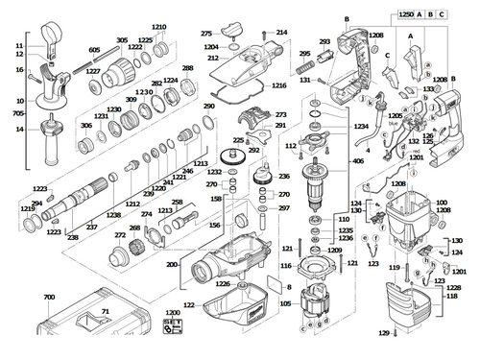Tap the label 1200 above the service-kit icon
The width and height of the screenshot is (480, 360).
(x=172, y=313)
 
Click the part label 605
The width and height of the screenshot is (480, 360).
(x=94, y=49)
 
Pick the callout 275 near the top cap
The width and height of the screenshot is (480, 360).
(x=205, y=34)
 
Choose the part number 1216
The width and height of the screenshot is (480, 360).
(x=278, y=85)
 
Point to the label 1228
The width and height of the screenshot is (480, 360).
(x=455, y=287)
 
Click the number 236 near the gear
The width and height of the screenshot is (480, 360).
(x=283, y=177)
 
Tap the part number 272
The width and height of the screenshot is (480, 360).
(x=119, y=234)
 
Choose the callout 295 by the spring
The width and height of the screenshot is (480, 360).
(x=304, y=55)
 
